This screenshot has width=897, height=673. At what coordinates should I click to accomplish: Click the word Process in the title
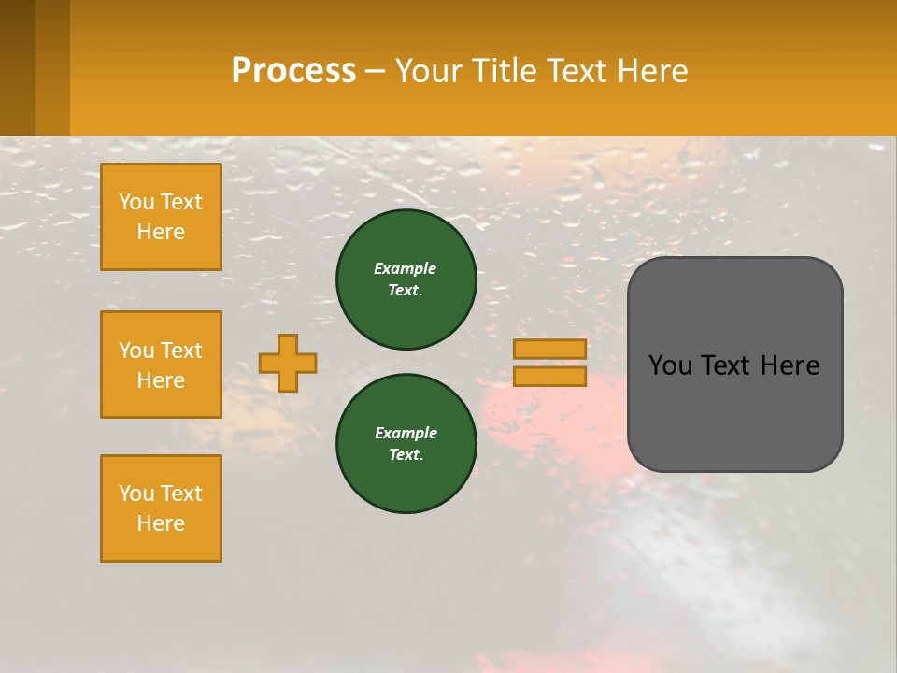coord(293,71)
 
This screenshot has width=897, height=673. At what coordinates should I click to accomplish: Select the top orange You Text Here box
coord(161,217)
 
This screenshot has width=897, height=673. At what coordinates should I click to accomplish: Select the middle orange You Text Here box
coord(161,365)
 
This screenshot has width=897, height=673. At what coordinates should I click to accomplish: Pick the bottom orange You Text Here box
coord(161,508)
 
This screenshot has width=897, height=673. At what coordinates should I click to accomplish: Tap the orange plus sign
coord(288,363)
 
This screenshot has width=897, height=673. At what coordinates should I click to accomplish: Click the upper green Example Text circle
coord(406,279)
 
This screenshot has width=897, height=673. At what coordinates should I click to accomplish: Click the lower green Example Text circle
coord(406,444)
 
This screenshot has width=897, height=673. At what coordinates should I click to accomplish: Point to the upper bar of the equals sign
coord(550,350)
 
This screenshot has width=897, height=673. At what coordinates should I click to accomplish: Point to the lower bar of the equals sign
coord(550,377)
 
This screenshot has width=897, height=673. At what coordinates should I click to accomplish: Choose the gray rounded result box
coord(734,411)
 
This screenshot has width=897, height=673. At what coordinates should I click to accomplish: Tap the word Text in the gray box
coord(731,365)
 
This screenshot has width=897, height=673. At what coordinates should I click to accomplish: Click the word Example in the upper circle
coord(405,268)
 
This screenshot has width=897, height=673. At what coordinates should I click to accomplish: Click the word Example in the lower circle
coord(405,433)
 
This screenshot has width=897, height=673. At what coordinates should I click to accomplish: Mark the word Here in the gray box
coord(791,365)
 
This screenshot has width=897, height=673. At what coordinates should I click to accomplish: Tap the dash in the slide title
coord(376,72)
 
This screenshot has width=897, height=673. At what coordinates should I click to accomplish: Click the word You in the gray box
coord(671,365)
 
